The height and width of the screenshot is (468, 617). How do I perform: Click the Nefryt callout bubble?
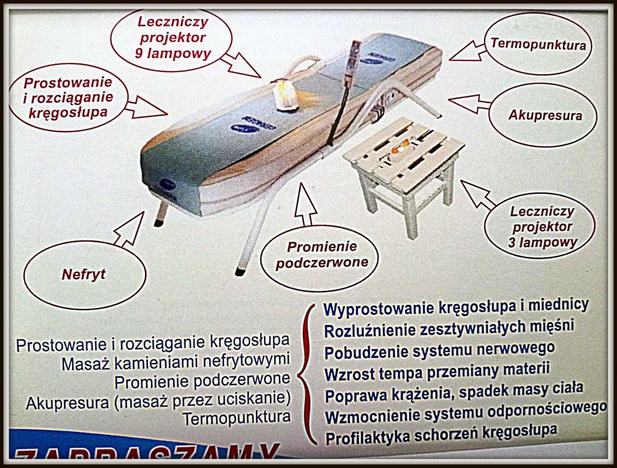84,274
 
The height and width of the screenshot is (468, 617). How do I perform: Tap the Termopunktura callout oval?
537,45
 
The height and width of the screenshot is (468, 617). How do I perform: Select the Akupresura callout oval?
543,115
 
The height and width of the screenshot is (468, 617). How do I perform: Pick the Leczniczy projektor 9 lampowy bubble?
171,38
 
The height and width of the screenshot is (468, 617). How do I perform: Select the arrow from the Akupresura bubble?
470,103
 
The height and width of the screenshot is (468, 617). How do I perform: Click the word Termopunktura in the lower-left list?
237,418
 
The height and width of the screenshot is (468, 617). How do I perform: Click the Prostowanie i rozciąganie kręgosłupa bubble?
68,98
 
